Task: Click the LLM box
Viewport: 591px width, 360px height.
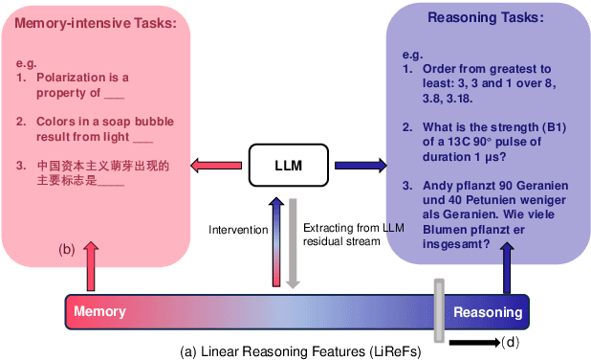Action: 288,166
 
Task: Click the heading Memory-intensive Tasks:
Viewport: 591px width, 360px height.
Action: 96,24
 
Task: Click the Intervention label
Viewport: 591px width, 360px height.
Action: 238,230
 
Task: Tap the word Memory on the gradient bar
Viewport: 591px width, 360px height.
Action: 99,312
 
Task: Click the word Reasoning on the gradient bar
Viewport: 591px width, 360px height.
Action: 487,312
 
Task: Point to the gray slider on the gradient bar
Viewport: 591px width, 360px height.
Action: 439,310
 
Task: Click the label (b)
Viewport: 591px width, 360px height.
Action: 67,250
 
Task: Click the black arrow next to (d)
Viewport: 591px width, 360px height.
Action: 473,342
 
